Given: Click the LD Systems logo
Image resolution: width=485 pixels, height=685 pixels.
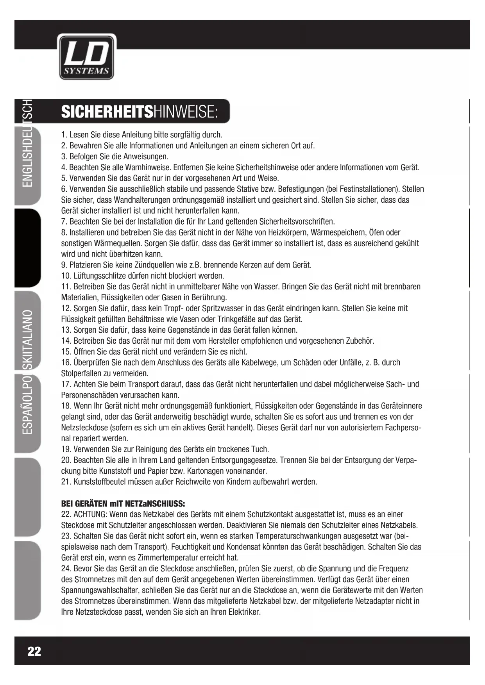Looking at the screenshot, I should [86, 57].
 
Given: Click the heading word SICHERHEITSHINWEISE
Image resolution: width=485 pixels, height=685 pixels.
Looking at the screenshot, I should [139, 112].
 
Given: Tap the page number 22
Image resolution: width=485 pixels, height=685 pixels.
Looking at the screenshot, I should [34, 651].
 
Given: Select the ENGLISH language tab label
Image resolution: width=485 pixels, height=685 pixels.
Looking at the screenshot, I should [27, 160].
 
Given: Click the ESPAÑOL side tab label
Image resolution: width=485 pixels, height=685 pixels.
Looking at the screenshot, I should [27, 414].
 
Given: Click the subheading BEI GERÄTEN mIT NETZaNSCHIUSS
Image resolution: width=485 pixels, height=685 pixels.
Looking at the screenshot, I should [123, 503].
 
